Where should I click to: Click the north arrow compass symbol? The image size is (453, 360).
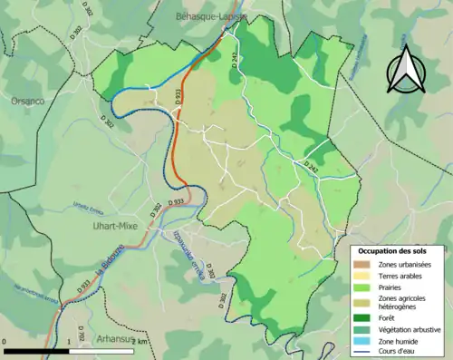(406, 70)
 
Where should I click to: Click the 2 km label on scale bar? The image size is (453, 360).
(139, 342)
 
